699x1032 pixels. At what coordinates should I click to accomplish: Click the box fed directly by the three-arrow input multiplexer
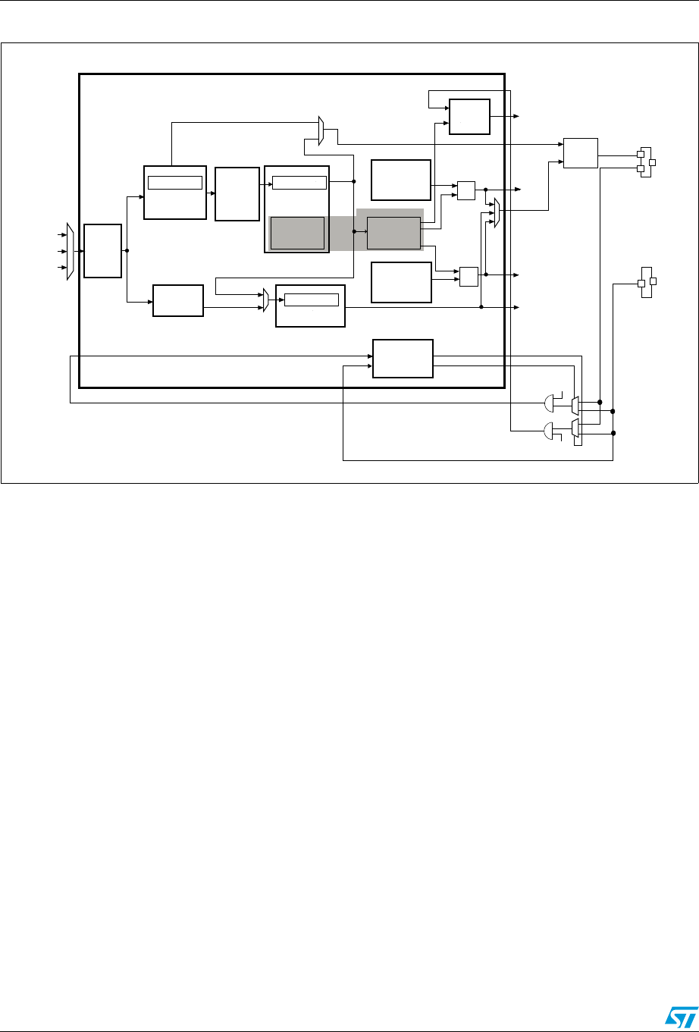coord(102,251)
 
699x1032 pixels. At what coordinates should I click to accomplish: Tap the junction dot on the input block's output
coord(127,250)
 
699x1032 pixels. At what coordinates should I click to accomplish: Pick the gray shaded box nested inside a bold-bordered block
coord(297,232)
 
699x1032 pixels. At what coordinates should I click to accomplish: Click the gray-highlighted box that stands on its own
coord(393,232)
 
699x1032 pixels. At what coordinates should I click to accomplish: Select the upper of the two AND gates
coord(548,403)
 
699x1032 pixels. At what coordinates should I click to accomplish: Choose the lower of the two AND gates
coord(548,431)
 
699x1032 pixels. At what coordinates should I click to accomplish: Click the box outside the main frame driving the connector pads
coord(580,153)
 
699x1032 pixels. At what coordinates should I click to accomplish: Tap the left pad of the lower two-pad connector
coord(641,284)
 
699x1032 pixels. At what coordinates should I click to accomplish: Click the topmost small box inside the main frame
coord(469,116)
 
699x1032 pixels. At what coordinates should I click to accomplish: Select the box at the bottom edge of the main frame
coord(403,359)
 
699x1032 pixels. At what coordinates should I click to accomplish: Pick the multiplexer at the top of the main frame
coord(321,131)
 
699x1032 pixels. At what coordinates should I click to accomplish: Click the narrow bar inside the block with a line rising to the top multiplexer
coord(175,182)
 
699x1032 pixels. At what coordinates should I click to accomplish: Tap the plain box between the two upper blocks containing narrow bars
coord(237,193)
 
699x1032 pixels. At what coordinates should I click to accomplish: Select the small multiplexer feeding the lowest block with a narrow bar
coord(266,300)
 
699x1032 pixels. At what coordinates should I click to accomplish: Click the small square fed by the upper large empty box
coord(465,190)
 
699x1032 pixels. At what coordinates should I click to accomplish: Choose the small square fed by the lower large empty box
coord(469,276)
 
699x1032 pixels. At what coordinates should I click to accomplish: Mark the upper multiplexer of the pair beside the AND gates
coord(575,405)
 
